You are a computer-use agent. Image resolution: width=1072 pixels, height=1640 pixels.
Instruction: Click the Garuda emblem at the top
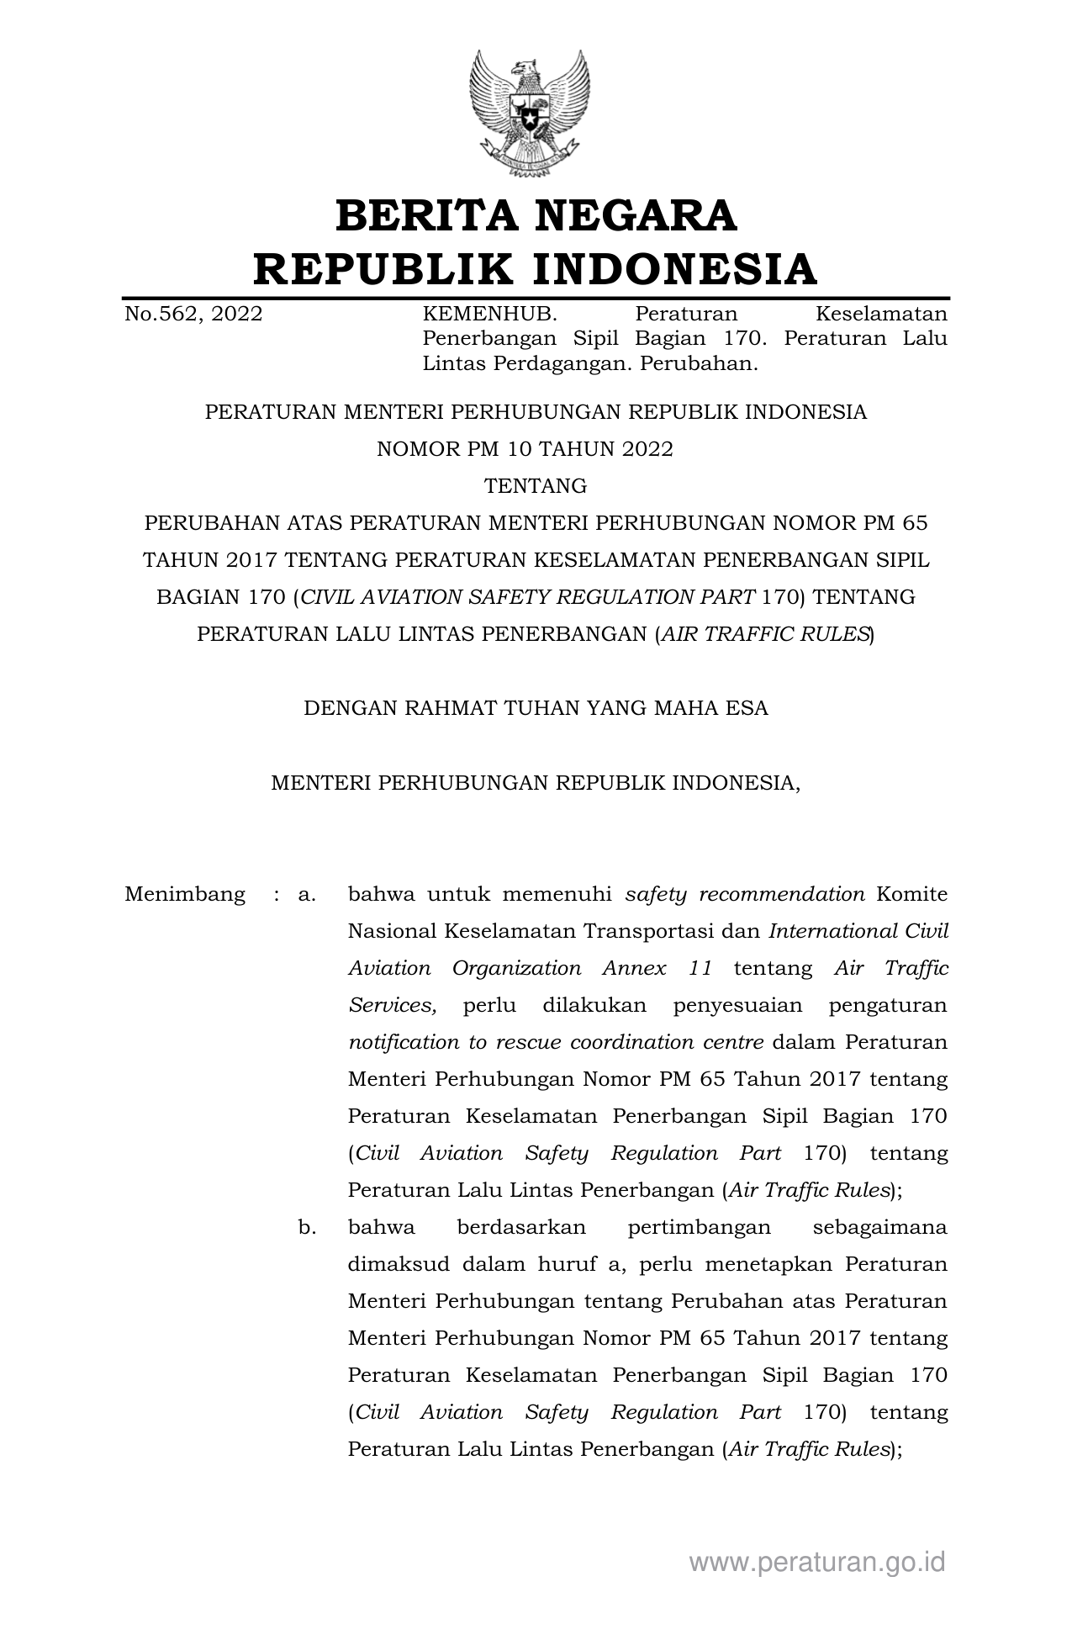(531, 113)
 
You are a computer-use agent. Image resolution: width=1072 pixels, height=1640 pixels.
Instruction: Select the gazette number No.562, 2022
(193, 315)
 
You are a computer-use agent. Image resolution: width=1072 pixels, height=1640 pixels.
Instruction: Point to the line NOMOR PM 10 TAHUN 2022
(525, 449)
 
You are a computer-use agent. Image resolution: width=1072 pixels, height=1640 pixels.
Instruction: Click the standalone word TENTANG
(536, 486)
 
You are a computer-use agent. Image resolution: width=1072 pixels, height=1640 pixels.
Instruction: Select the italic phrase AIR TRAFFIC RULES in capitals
(764, 634)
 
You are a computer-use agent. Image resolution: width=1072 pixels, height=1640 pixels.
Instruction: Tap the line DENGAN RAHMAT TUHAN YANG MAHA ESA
(536, 708)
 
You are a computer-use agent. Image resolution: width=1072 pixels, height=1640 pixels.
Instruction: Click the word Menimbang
(185, 894)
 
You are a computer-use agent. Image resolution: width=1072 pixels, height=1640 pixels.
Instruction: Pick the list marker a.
(306, 894)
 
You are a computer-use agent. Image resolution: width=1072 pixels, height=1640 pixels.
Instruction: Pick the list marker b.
(306, 1227)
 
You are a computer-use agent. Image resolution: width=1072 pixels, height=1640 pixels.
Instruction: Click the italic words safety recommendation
(745, 894)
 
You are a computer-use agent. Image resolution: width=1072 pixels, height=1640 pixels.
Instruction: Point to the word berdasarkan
(520, 1227)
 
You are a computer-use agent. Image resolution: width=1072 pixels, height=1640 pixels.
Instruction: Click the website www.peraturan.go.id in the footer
(817, 1562)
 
